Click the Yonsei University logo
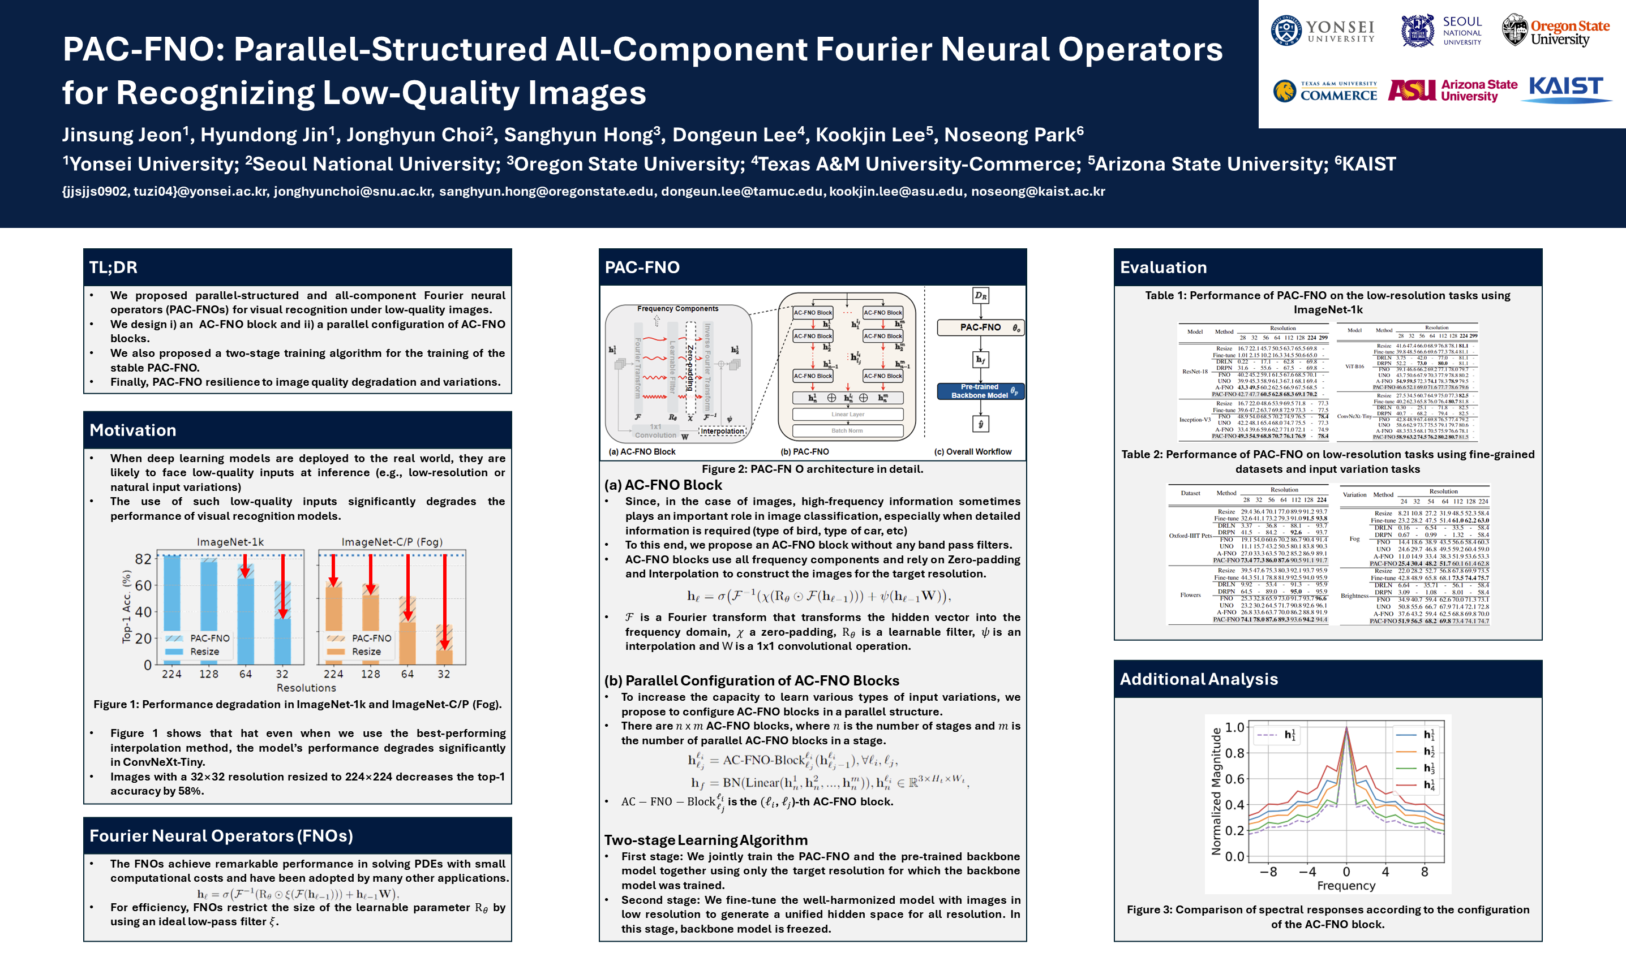tap(1322, 31)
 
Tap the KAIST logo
tap(1566, 89)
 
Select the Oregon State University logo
tap(1555, 31)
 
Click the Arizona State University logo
tap(1452, 90)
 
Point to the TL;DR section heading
tap(113, 268)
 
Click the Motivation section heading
tap(133, 430)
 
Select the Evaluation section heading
tap(1163, 268)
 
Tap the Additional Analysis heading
tap(1198, 679)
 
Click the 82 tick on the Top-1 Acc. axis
tap(143, 559)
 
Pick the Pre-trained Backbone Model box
tap(979, 391)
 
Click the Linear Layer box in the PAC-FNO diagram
tap(847, 414)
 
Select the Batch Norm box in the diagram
tap(847, 430)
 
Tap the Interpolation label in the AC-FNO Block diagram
tap(722, 431)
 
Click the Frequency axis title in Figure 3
tap(1346, 885)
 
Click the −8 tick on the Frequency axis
tap(1268, 872)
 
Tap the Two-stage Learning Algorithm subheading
tap(706, 840)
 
